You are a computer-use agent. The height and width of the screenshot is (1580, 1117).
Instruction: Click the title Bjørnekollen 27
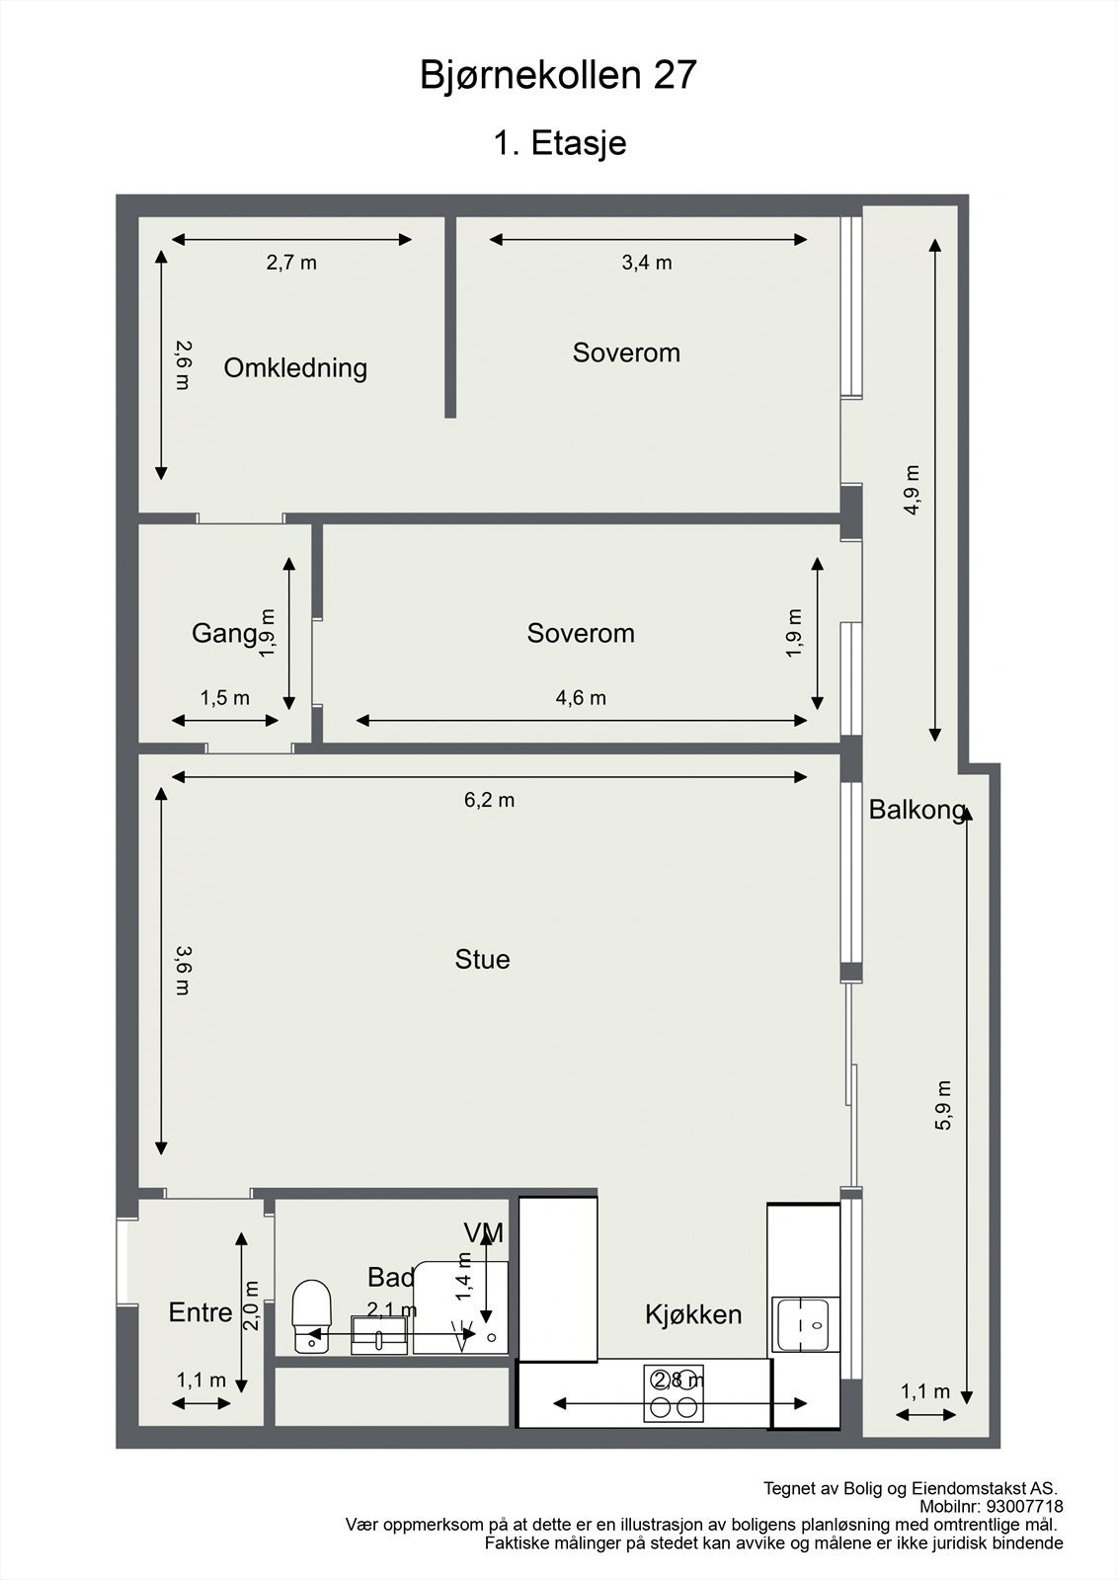(558, 76)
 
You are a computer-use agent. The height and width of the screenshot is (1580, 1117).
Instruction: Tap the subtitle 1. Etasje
(560, 143)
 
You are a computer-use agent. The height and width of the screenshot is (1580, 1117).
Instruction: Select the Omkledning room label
(295, 368)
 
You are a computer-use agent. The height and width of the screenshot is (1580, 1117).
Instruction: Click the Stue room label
(482, 959)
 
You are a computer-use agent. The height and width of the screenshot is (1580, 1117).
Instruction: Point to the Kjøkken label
(693, 1314)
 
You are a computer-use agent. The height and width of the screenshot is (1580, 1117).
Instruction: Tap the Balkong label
(917, 810)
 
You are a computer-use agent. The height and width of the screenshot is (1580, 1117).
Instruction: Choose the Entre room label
(200, 1312)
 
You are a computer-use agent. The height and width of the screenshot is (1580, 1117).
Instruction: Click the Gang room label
(224, 633)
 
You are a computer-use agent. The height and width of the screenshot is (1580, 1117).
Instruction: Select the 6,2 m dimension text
(489, 801)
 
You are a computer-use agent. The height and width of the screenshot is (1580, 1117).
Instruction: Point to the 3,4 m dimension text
(646, 263)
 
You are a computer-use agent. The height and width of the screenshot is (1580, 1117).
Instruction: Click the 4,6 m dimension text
(581, 698)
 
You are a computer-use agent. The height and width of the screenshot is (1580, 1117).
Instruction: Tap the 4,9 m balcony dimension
(913, 490)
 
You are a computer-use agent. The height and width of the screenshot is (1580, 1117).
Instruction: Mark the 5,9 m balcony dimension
(943, 1105)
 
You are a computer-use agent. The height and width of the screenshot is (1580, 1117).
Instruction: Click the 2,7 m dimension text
(291, 263)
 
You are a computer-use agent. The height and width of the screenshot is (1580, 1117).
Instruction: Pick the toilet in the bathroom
(311, 1316)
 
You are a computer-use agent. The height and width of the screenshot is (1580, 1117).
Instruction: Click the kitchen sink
(806, 1324)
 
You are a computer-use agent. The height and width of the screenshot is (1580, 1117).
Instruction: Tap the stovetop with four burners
(674, 1393)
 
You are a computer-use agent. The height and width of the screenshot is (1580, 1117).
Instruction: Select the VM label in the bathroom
(483, 1233)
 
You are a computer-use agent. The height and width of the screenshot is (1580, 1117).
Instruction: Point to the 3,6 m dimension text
(183, 971)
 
